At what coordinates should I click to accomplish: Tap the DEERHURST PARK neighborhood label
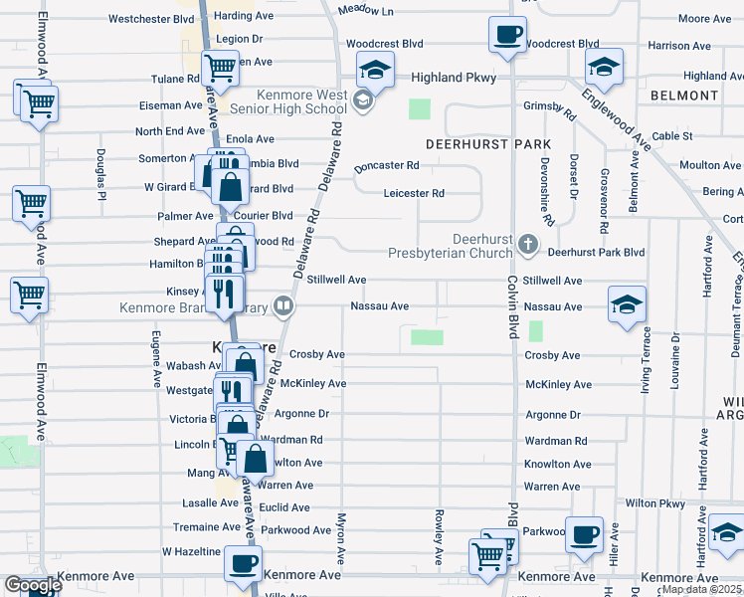click(473, 144)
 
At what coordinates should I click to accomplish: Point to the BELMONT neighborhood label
click(683, 96)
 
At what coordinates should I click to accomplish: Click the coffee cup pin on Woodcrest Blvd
click(506, 36)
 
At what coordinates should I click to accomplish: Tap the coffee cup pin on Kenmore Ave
click(241, 563)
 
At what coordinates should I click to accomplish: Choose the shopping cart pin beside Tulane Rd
click(220, 70)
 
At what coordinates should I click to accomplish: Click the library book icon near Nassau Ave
click(283, 306)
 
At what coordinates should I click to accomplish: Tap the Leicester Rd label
click(414, 193)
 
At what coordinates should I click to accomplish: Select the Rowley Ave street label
click(438, 538)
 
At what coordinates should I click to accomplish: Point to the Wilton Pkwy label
click(654, 503)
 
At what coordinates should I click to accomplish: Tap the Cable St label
click(672, 136)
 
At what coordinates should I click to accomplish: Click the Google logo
click(32, 585)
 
